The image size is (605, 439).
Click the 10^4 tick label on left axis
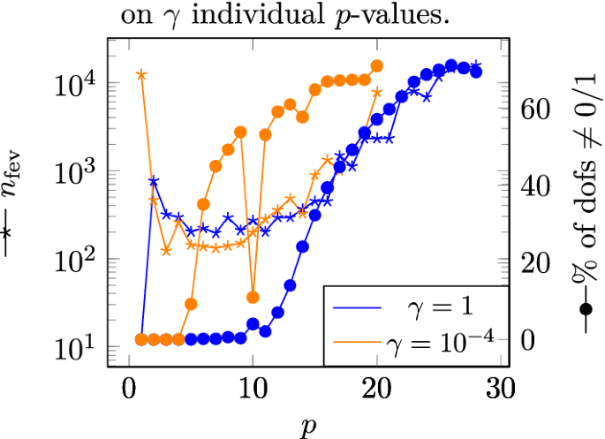[72, 85]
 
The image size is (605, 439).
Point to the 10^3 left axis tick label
[72, 173]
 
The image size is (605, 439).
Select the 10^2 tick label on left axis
[72, 261]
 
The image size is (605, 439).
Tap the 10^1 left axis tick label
[72, 348]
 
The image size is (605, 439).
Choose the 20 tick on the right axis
[537, 263]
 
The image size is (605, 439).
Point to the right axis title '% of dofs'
[583, 203]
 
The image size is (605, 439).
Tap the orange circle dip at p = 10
[253, 297]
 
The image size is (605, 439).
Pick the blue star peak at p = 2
[154, 181]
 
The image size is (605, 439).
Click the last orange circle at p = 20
[377, 66]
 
